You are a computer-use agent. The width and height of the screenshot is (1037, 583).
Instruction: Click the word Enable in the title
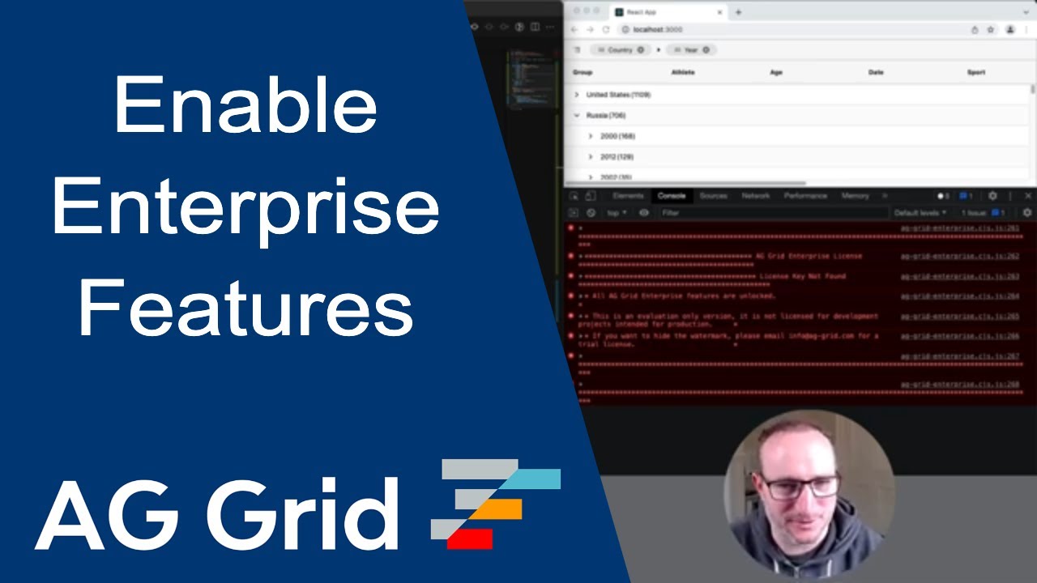click(x=245, y=106)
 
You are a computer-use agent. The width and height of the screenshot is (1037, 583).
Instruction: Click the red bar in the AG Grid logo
click(x=470, y=538)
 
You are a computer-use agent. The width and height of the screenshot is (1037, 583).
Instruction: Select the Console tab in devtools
click(x=672, y=196)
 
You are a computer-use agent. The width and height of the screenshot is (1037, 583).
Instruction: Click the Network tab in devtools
click(x=755, y=196)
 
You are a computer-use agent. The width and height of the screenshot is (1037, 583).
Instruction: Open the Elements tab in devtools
click(x=628, y=196)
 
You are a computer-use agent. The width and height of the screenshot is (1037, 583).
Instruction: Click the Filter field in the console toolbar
click(x=770, y=213)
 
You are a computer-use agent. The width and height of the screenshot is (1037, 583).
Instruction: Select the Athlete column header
click(x=683, y=72)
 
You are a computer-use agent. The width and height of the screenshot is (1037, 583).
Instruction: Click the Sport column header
click(x=976, y=72)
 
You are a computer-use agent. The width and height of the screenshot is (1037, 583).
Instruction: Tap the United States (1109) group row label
click(x=618, y=95)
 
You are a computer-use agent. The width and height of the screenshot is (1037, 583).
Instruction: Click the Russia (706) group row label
click(x=606, y=116)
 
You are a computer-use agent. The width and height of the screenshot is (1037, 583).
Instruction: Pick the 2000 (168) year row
click(x=617, y=136)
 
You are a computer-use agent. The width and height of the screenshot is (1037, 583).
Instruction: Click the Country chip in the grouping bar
click(x=620, y=50)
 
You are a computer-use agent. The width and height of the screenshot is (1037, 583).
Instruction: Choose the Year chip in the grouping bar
click(x=691, y=50)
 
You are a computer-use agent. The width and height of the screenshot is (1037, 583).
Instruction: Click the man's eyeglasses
click(x=800, y=487)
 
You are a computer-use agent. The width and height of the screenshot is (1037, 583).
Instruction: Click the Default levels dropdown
click(x=920, y=213)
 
